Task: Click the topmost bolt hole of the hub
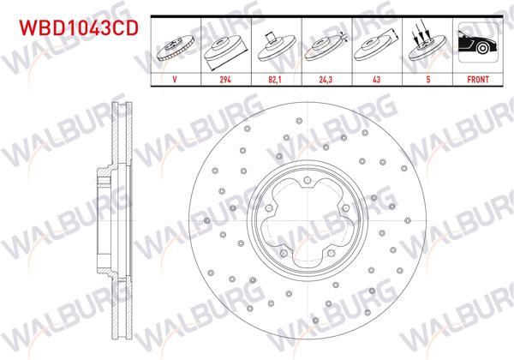(x=307, y=180)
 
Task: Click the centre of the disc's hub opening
(x=307, y=220)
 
